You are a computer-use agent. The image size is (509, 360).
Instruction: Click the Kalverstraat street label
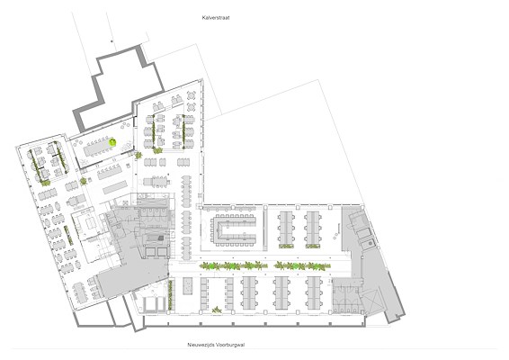216,18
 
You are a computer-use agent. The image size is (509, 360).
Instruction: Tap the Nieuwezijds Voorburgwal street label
216,345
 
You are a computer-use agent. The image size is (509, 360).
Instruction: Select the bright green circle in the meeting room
112,141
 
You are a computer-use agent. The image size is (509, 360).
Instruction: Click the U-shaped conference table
233,229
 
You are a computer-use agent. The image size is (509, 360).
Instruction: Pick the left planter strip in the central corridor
234,266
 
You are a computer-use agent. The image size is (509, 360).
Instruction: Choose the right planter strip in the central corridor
302,266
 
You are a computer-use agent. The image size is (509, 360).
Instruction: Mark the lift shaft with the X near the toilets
372,301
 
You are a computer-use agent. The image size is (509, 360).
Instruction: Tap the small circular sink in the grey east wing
370,243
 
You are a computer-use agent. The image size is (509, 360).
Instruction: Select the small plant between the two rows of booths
217,310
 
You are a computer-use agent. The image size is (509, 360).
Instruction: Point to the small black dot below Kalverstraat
112,41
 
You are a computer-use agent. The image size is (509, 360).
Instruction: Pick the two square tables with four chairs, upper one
192,95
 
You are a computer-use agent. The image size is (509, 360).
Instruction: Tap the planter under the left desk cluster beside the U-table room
286,246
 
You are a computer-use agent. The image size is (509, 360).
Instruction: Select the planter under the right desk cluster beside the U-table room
313,246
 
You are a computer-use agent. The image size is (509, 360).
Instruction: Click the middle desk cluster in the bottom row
281,292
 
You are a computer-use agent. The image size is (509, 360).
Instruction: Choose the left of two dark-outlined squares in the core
150,252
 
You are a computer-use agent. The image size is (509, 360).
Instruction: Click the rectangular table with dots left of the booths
188,286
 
